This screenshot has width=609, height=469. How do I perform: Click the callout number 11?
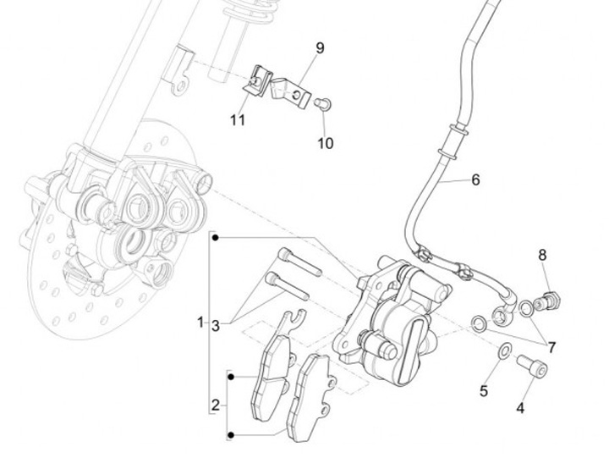pyautogui.click(x=238, y=120)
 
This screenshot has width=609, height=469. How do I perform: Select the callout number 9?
pyautogui.click(x=320, y=48)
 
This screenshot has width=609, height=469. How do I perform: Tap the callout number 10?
pyautogui.click(x=326, y=143)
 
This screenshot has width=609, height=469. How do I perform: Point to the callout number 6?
pyautogui.click(x=475, y=180)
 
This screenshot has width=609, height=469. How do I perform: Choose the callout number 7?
pyautogui.click(x=551, y=347)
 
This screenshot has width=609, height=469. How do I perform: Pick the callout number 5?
pyautogui.click(x=484, y=391)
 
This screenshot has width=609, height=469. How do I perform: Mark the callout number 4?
pyautogui.click(x=519, y=408)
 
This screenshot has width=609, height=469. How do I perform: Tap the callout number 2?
pyautogui.click(x=216, y=406)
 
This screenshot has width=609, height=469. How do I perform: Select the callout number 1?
pyautogui.click(x=200, y=323)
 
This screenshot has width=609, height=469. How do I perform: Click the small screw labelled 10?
pyautogui.click(x=323, y=104)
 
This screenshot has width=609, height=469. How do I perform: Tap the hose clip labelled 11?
pyautogui.click(x=258, y=81)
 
